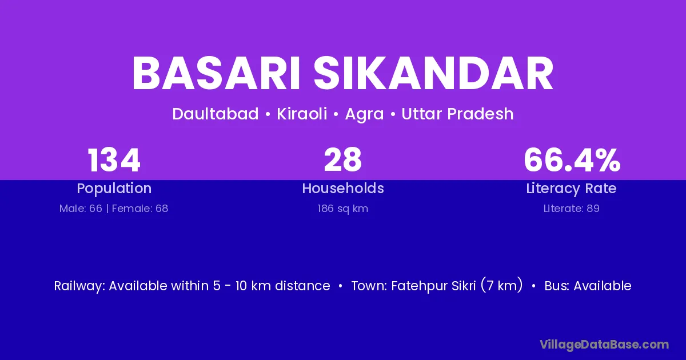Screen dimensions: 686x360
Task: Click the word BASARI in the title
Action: coord(216,73)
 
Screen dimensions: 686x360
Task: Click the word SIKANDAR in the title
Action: coord(434,73)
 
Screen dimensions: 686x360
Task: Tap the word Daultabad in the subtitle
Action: coord(216,114)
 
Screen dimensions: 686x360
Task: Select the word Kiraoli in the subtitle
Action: coord(302,114)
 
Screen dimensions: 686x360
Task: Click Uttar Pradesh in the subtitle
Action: coord(457,114)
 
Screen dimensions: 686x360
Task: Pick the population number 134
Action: coord(114,160)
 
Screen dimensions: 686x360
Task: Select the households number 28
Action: coord(343,160)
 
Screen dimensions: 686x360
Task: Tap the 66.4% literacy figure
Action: coord(572,160)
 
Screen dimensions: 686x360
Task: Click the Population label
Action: coord(114,189)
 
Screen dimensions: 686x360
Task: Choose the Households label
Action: coord(343,188)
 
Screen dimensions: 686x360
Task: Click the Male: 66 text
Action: coord(81,209)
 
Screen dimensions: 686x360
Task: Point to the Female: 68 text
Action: coord(140,209)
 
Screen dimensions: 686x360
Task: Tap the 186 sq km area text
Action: coord(342,209)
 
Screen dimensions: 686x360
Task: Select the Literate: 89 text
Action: coord(572,209)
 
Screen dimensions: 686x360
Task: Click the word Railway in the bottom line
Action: coord(79,286)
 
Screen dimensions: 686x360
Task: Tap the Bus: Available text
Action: coord(588,286)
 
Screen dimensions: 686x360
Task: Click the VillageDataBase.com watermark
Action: coord(604,345)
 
